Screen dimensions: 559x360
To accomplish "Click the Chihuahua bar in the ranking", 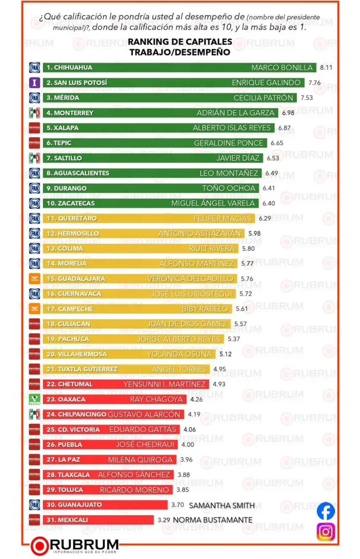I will [x=179, y=68].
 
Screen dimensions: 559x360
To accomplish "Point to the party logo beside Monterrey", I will [x=35, y=113].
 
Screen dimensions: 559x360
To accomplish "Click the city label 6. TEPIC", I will [x=59, y=143].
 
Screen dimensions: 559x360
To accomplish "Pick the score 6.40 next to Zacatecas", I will [x=270, y=203].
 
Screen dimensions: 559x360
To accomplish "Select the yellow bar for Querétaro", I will [x=149, y=218].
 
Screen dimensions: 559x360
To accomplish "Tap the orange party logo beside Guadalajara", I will [x=35, y=279].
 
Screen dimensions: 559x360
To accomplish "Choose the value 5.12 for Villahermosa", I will [x=227, y=354].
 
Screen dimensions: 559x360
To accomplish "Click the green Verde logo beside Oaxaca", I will [x=35, y=399].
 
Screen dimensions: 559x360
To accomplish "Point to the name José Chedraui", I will [x=145, y=445].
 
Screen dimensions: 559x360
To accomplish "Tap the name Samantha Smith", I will [x=222, y=505].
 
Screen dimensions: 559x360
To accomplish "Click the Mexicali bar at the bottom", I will [x=98, y=520].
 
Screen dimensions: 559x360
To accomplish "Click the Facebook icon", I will [x=326, y=511].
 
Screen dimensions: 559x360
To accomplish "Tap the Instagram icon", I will [x=326, y=531].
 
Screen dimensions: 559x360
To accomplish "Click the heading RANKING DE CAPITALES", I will [x=180, y=42].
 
